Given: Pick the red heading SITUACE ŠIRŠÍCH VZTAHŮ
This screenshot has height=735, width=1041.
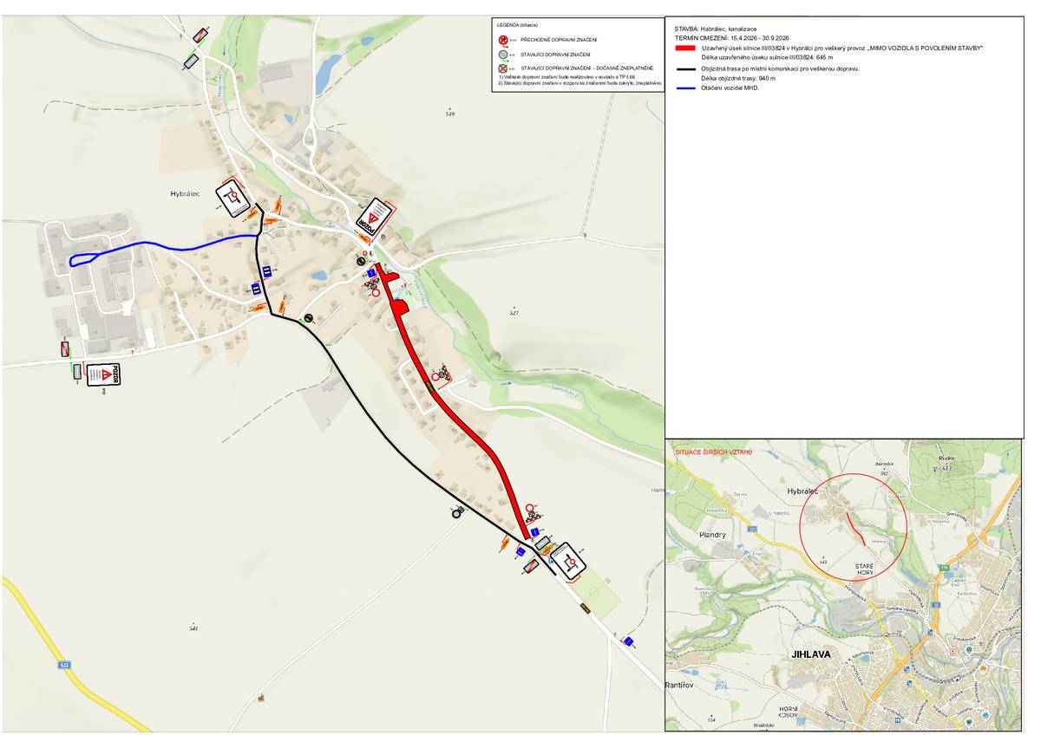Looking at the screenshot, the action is pos(714,452).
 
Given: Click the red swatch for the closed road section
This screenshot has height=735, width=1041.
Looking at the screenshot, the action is pos(685,49).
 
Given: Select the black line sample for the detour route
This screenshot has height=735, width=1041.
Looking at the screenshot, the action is pos(685,68).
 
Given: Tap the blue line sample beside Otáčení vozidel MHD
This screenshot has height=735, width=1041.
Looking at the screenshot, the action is pos(685,88).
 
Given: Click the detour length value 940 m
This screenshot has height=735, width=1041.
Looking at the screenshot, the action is pos(763,78).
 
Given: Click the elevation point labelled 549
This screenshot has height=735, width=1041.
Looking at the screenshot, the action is pos(449,114).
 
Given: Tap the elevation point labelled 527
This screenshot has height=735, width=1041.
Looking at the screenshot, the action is pos(514,312).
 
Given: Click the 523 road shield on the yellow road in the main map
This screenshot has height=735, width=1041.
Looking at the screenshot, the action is pos(64,665).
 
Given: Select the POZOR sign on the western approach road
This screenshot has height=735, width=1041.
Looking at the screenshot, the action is pos(103,374).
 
